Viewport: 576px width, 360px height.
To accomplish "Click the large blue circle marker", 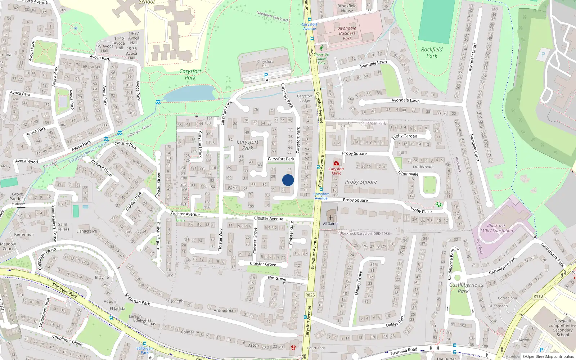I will (x=288, y=180).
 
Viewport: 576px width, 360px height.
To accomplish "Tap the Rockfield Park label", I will (x=432, y=53).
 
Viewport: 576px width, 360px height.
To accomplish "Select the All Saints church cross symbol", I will (x=330, y=217).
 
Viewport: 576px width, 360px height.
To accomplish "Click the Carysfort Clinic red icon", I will (x=336, y=163).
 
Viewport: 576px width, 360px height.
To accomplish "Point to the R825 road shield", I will (x=310, y=295).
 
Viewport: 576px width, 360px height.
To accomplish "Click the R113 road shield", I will (x=538, y=296).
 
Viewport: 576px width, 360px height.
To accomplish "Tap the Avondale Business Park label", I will (x=347, y=33).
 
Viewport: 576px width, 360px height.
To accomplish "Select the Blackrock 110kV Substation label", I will (x=496, y=228).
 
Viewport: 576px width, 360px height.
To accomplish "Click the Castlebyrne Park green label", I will (x=463, y=288).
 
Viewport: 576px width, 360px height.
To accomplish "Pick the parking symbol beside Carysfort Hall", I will (x=266, y=75).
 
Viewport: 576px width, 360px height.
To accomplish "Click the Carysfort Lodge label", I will (x=305, y=98).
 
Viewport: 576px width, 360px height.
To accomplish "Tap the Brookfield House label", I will (x=347, y=8).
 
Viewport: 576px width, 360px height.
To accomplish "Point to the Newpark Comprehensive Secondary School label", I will (x=563, y=328).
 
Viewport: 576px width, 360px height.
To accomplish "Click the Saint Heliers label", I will (x=63, y=227).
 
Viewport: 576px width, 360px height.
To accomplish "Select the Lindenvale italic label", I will (x=423, y=166).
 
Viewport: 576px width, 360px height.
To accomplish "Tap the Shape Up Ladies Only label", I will (x=321, y=59).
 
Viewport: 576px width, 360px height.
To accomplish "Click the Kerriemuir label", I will (x=24, y=234).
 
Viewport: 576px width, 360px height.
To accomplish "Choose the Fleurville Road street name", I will (x=404, y=351).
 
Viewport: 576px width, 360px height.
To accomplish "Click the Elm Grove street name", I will (x=277, y=278).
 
